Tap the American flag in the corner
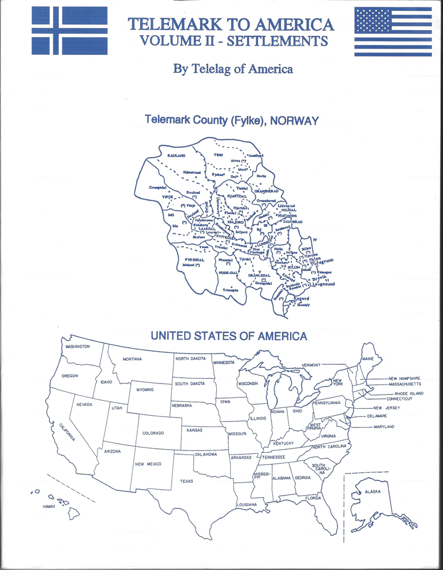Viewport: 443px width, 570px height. pos(392,31)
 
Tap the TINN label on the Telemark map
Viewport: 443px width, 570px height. pos(219,155)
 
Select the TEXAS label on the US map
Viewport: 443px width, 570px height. pos(186,481)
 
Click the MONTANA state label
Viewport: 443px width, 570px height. pos(133,359)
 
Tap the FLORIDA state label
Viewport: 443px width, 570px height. pos(313,498)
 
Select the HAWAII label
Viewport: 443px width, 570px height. pos(39,506)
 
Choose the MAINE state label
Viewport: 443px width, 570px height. pos(367,359)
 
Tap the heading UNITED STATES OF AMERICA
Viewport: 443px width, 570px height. pos(229,336)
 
